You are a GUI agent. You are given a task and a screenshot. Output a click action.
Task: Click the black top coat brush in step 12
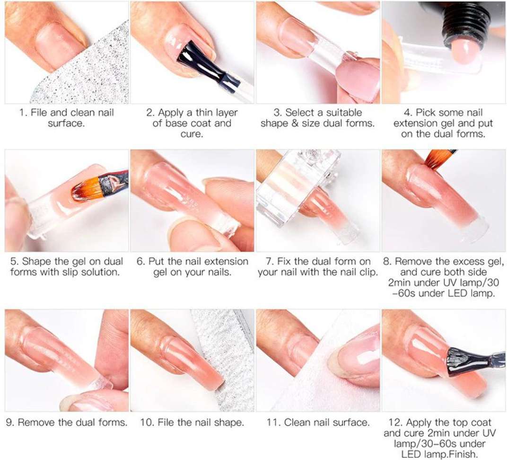[x=469, y=360]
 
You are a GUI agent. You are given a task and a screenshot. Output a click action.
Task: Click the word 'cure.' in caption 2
[x=192, y=134]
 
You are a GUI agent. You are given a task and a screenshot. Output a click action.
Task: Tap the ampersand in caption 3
[x=295, y=123]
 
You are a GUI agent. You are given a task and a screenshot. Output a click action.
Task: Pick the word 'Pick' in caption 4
[x=426, y=113]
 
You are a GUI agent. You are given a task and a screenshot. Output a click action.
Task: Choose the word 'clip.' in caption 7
[x=368, y=272]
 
